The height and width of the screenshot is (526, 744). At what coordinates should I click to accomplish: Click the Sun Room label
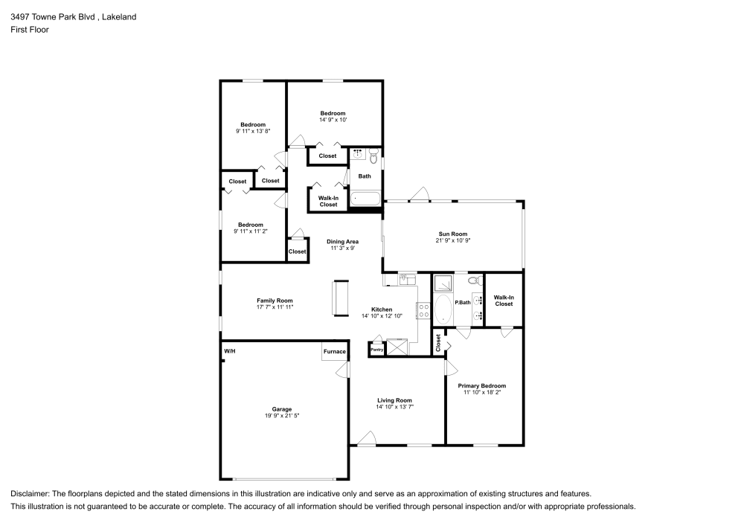[x=452, y=234]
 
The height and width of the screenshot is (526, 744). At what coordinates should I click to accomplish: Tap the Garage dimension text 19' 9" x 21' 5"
[x=282, y=415]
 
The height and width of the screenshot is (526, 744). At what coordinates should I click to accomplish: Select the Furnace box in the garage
[x=335, y=351]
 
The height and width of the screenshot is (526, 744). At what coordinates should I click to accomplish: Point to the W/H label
[x=230, y=351]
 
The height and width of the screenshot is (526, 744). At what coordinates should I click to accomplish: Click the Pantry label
[x=376, y=350]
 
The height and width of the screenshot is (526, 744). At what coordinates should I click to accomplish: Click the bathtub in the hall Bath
[x=365, y=199]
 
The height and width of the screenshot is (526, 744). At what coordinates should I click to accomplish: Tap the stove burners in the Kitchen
[x=423, y=311]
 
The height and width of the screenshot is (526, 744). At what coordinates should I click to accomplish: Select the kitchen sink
[x=407, y=279]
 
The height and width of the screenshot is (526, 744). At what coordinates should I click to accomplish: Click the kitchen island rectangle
[x=341, y=298]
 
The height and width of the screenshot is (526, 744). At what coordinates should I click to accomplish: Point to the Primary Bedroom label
[x=481, y=385]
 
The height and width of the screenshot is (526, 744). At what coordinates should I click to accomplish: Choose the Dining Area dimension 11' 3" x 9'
[x=342, y=248]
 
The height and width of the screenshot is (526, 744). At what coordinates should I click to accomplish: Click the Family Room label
[x=275, y=301]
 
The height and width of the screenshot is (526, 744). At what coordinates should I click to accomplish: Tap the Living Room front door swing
[x=367, y=438]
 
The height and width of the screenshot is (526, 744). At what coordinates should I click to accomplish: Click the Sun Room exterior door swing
[x=420, y=194]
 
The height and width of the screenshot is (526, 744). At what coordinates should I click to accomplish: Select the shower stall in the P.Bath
[x=443, y=282]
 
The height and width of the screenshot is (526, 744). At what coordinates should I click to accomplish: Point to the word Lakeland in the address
[x=119, y=16]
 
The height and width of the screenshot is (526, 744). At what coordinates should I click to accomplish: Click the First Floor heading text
[x=30, y=30]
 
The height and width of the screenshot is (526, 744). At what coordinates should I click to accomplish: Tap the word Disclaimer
[x=29, y=494]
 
